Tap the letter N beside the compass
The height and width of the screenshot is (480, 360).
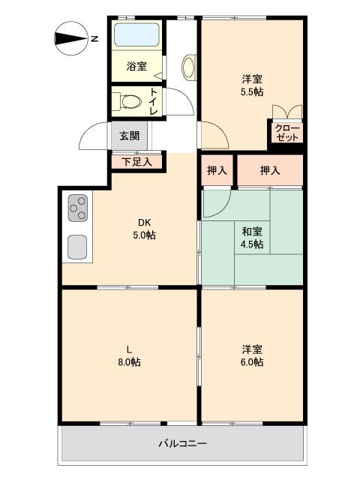pos(94,39)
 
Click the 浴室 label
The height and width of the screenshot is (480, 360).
pos(136,67)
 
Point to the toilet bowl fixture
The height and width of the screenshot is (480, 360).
pos(130,100)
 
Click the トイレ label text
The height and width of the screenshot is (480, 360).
pos(154,101)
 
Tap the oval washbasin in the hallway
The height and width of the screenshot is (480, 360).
pos(188,67)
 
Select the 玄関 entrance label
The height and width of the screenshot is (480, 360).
pos(129,136)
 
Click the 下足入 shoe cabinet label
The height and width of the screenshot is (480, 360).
pos(137,160)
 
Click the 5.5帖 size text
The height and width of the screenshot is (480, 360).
pos(251,92)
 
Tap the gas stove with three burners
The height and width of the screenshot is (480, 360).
pos(78,207)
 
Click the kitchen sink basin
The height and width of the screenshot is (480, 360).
pos(77,245)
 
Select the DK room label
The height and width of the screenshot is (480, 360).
pos(144,222)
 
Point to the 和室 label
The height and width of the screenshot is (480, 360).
pos(252,231)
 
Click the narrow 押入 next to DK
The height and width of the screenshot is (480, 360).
pos(217,171)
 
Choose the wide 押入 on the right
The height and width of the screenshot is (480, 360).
pos(270,171)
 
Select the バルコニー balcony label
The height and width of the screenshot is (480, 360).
pos(183,443)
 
